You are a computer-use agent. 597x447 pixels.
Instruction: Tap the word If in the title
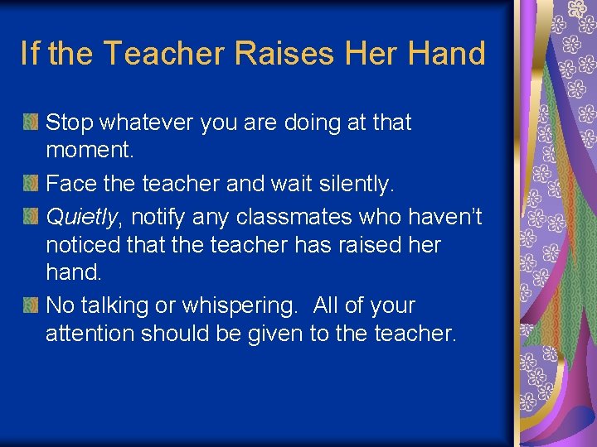pyautogui.click(x=29, y=54)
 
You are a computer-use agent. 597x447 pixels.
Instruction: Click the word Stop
pyautogui.click(x=69, y=123)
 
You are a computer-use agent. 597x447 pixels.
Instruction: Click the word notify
pyautogui.click(x=160, y=216)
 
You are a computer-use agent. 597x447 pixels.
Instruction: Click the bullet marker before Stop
pyautogui.click(x=30, y=123)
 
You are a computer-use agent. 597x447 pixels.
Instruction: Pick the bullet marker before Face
pyautogui.click(x=30, y=184)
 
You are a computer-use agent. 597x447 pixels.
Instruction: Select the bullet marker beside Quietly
pyautogui.click(x=30, y=215)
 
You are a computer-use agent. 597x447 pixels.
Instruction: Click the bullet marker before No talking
pyautogui.click(x=30, y=305)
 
